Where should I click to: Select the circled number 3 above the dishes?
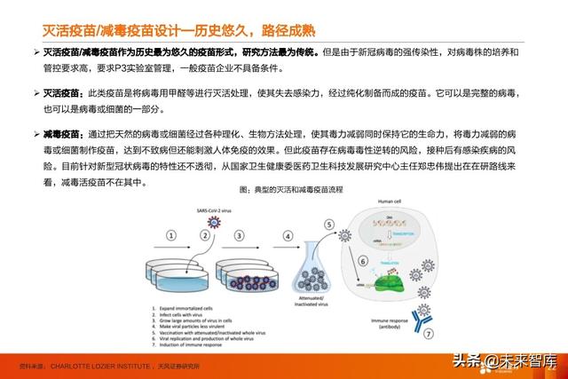pos(238,235)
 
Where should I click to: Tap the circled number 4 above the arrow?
pos(288,235)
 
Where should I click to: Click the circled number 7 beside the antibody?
pos(429,335)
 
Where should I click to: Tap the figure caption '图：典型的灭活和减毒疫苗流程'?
pos(283,189)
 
